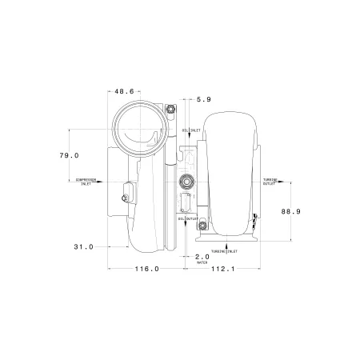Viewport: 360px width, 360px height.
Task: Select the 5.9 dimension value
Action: click(203, 99)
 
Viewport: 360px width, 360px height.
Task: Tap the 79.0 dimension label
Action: click(70, 155)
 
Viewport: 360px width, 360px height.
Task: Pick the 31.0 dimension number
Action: click(83, 247)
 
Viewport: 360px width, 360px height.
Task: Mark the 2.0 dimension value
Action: click(202, 256)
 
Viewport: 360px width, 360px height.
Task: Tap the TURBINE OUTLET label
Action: click(270, 182)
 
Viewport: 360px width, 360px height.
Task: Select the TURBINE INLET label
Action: click(226, 251)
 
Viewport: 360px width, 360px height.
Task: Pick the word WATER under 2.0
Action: click(202, 262)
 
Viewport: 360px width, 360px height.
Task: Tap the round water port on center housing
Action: click(188, 180)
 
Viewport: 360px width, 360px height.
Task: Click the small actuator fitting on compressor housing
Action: click(126, 192)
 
